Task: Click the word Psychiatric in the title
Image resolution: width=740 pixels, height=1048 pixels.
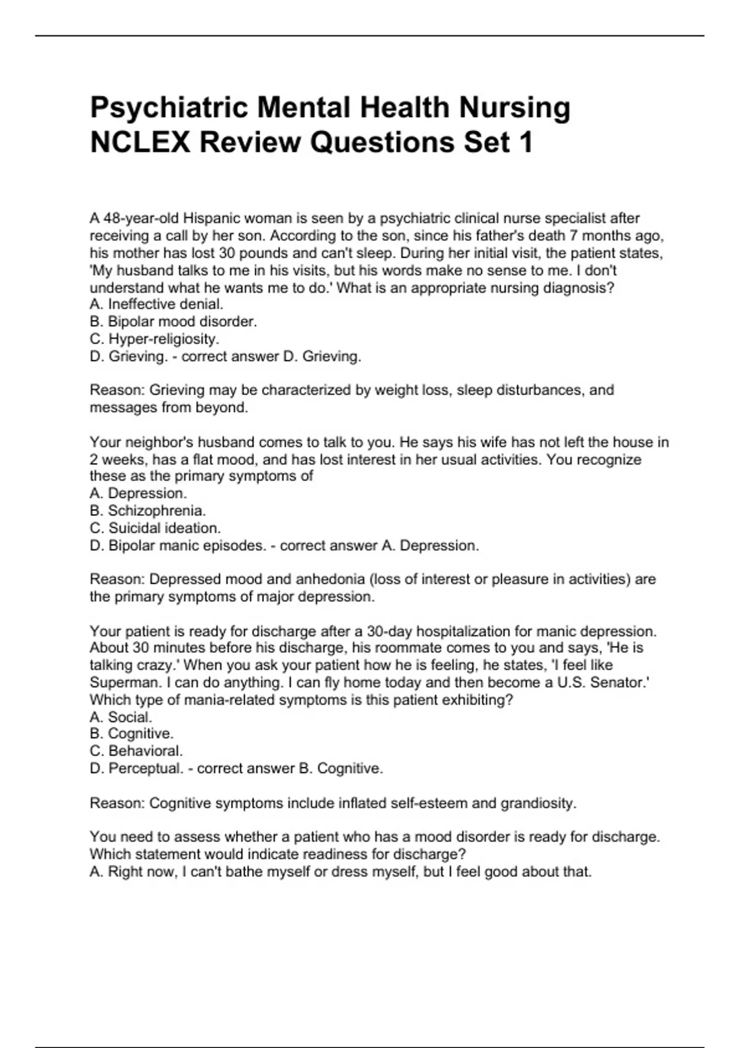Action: pyautogui.click(x=169, y=108)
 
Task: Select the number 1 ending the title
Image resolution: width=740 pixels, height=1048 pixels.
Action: pyautogui.click(x=525, y=143)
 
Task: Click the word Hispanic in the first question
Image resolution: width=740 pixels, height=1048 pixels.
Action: pyautogui.click(x=210, y=218)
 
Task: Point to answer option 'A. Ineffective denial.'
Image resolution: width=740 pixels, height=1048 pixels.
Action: pyautogui.click(x=157, y=304)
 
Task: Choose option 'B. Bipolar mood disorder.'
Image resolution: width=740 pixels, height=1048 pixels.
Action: pyautogui.click(x=173, y=321)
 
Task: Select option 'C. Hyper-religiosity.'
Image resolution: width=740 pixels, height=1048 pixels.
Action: pyautogui.click(x=154, y=338)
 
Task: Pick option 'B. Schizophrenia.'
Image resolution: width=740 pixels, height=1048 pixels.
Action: pyautogui.click(x=148, y=510)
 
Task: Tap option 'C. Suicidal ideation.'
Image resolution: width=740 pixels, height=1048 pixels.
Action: pyautogui.click(x=155, y=528)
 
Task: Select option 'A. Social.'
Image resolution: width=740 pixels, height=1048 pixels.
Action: pyautogui.click(x=121, y=717)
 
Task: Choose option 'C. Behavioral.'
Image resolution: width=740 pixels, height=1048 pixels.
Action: pyautogui.click(x=136, y=751)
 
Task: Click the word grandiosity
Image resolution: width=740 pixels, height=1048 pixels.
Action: pyautogui.click(x=538, y=803)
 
